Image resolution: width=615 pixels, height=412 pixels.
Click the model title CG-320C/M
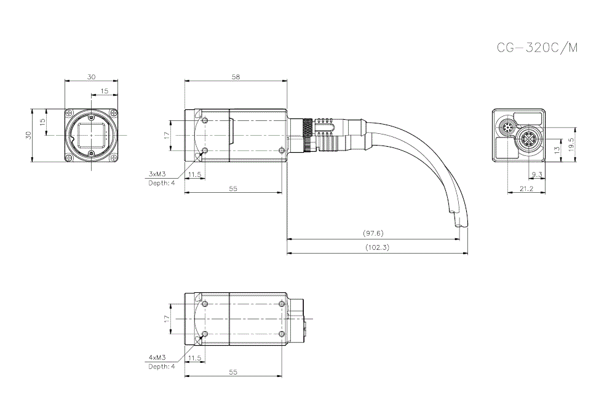coord(537,48)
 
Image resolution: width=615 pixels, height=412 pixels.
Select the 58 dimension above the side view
coord(236,77)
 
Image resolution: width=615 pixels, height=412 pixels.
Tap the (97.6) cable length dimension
coord(373,233)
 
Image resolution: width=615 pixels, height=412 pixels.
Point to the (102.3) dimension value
coord(376,247)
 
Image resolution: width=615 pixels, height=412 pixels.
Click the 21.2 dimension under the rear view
coord(526,189)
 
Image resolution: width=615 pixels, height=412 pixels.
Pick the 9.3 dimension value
coord(536,175)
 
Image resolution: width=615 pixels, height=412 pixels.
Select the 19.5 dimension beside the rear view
coord(571,145)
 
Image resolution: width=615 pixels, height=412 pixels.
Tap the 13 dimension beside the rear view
coord(557,149)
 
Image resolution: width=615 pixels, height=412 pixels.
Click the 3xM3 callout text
coord(158,174)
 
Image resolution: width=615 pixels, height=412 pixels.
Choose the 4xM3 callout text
coord(158,357)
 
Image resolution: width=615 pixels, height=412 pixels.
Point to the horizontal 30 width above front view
coord(91,77)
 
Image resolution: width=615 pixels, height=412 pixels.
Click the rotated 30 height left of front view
coord(28,136)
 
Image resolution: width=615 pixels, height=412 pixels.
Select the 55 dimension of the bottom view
coord(233,372)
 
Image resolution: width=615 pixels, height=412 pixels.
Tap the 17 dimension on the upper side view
coord(166,135)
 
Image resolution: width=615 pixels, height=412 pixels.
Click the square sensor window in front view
coord(91,135)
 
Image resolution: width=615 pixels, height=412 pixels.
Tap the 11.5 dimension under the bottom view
coord(195,357)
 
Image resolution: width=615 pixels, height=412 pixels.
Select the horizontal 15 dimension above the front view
coord(104,91)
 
